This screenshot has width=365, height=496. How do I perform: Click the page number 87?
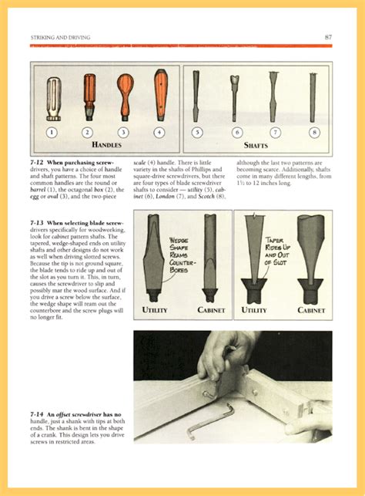[x=328, y=36]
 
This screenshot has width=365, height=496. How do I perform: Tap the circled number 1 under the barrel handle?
[x=52, y=132]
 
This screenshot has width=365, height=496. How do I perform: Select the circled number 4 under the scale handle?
[x=159, y=132]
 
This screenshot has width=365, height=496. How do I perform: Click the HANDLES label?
[x=106, y=144]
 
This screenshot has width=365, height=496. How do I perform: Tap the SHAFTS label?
[x=256, y=144]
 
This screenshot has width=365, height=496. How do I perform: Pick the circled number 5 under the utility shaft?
[x=197, y=132]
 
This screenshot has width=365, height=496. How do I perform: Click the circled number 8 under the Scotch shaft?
[x=313, y=132]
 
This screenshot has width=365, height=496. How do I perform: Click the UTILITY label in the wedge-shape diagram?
[x=155, y=310]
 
